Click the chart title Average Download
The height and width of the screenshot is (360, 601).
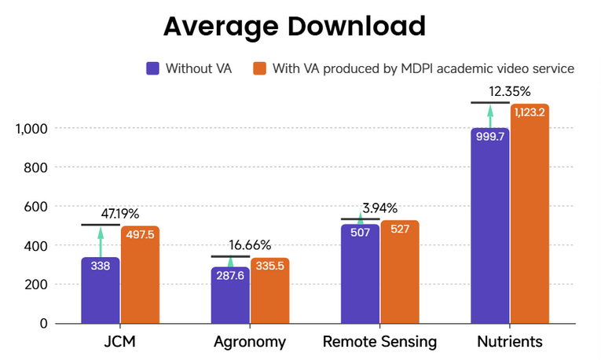coord(295,26)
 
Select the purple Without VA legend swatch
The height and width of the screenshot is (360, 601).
coord(153,68)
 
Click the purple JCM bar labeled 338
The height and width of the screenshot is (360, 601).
coord(101,291)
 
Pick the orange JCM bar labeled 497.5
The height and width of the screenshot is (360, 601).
coord(140,275)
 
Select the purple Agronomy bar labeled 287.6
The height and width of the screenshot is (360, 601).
coord(230,296)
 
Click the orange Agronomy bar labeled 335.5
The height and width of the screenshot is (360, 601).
coord(269,291)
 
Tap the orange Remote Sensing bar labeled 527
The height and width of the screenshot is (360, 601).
coord(399,272)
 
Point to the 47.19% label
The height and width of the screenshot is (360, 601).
coord(120,213)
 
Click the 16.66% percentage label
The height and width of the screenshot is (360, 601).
coord(250,244)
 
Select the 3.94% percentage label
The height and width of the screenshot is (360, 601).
coord(379,208)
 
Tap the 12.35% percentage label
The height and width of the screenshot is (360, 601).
coord(509,90)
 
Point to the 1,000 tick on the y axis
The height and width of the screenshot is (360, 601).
coord(31,128)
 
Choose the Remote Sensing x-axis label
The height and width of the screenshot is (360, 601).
coord(379,342)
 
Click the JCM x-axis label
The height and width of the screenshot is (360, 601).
coord(120,342)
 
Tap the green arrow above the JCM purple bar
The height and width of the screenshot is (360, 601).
coord(101,241)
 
